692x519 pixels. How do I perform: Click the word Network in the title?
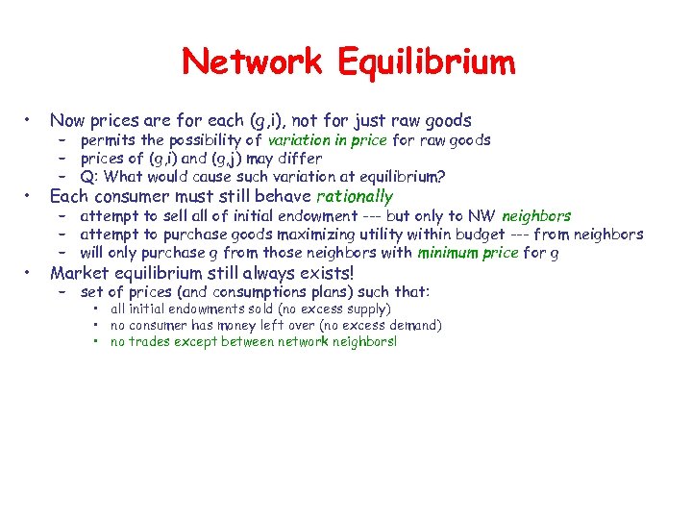pos(253,62)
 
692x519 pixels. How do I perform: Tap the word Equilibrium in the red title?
pos(427,62)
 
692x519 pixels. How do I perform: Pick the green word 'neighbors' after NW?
pos(535,216)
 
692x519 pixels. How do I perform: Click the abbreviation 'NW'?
pos(483,216)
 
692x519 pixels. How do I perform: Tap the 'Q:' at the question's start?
pos(89,177)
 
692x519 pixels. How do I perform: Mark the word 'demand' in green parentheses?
pos(413,326)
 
